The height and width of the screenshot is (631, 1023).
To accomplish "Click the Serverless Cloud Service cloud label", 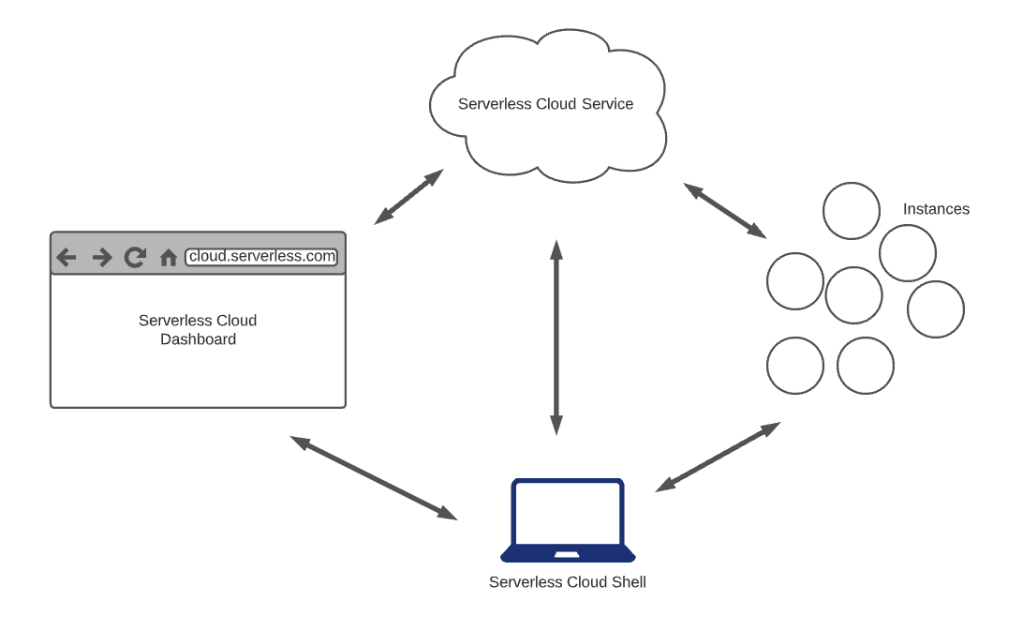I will [545, 104].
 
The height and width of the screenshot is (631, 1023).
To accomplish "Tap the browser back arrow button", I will [66, 257].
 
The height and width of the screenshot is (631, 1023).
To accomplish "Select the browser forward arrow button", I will [101, 257].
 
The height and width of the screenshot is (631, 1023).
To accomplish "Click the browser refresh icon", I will [135, 257].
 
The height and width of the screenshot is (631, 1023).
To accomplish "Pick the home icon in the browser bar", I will [169, 258].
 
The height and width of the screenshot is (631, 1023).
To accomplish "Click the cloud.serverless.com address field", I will [260, 256].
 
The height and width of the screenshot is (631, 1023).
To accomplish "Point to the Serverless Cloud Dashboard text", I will [198, 330].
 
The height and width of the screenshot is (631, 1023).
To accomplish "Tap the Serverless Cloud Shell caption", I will [568, 582].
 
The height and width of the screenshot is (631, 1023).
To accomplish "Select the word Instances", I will [936, 209].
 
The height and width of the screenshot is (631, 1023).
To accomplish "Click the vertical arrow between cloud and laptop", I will [556, 338].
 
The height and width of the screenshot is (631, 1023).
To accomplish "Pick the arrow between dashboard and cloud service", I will [408, 197].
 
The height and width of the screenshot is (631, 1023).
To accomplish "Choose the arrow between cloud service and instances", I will [725, 209].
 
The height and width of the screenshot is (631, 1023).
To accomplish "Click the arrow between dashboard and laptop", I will [373, 477].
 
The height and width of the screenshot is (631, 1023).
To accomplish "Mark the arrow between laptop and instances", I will [718, 457].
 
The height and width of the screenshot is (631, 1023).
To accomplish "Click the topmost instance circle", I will [852, 211].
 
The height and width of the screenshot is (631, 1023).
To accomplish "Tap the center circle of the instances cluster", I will [854, 295].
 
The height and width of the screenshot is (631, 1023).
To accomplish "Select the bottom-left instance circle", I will [795, 366].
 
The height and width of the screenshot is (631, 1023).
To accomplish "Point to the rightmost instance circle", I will [936, 309].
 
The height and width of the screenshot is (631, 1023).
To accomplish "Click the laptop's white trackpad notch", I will [568, 555].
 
